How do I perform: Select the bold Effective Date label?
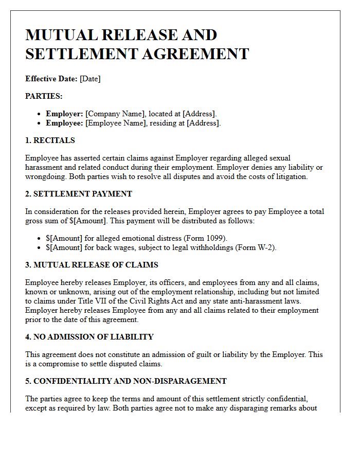coord(51,79)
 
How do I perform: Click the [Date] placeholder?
coord(90,79)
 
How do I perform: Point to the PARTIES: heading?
coord(44,96)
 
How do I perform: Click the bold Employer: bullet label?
coord(64,113)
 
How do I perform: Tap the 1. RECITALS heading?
coord(50,140)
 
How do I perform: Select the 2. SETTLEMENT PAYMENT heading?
coord(79,194)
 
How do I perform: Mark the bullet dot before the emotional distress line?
coord(40,238)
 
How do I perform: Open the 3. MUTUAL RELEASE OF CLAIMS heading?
coord(92,265)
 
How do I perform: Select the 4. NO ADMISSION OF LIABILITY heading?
coord(89,337)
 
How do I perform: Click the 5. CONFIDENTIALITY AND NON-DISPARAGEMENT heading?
coord(126,381)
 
